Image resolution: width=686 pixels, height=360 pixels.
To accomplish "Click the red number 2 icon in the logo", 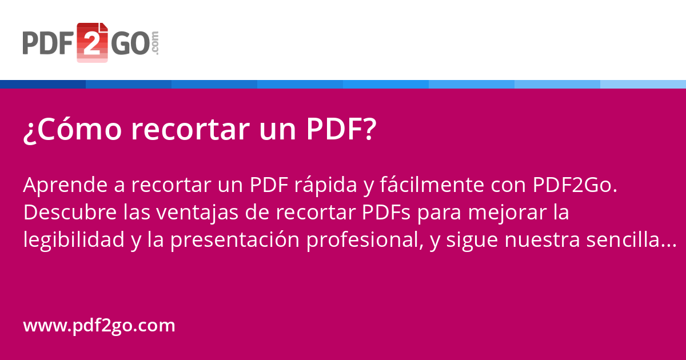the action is coord(92,42).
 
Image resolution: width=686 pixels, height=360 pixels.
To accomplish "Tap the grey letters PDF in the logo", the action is coord(48,43).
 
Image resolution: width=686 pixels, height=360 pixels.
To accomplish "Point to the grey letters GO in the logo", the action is coord(131,43).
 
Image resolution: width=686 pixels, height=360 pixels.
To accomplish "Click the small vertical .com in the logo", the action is coord(155,43).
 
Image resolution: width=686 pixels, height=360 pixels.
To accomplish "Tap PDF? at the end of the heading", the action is coord(341,129).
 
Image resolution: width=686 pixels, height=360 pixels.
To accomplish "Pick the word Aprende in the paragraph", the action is coord(65,185).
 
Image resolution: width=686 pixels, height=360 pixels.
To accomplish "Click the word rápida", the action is coord(325,185).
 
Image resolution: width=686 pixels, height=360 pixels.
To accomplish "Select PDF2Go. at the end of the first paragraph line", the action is coord(575,185).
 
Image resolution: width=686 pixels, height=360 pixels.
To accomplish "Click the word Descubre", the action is coord(70,212).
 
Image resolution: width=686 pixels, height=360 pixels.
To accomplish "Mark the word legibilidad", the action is coord(74,240).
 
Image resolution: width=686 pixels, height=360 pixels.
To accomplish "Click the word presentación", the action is coord(235,240).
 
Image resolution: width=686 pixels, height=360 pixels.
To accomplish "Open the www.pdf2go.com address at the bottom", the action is coord(99,326).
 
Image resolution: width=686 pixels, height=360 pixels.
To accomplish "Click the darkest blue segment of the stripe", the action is coord(43,84).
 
